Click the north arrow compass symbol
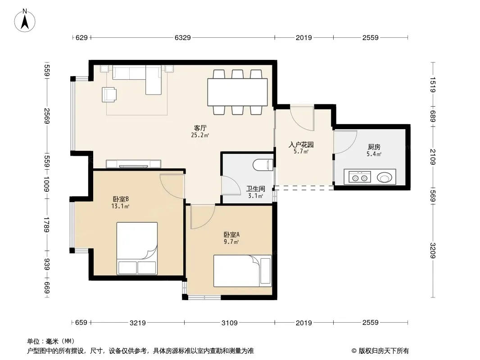[25, 21]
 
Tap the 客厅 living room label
[200, 128]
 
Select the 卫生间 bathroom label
[256, 189]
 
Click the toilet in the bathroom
[263, 165]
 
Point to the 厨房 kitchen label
[374, 147]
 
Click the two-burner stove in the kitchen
[358, 177]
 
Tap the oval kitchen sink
[384, 177]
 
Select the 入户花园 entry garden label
[301, 144]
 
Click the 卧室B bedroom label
[121, 199]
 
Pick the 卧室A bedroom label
[231, 234]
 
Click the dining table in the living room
[237, 92]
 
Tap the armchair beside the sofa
[109, 94]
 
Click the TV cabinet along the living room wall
[133, 164]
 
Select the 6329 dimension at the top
[182, 38]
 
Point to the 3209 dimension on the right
[433, 251]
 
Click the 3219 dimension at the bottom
[138, 322]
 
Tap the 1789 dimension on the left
[46, 225]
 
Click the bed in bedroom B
[137, 248]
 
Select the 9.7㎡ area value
[231, 242]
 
